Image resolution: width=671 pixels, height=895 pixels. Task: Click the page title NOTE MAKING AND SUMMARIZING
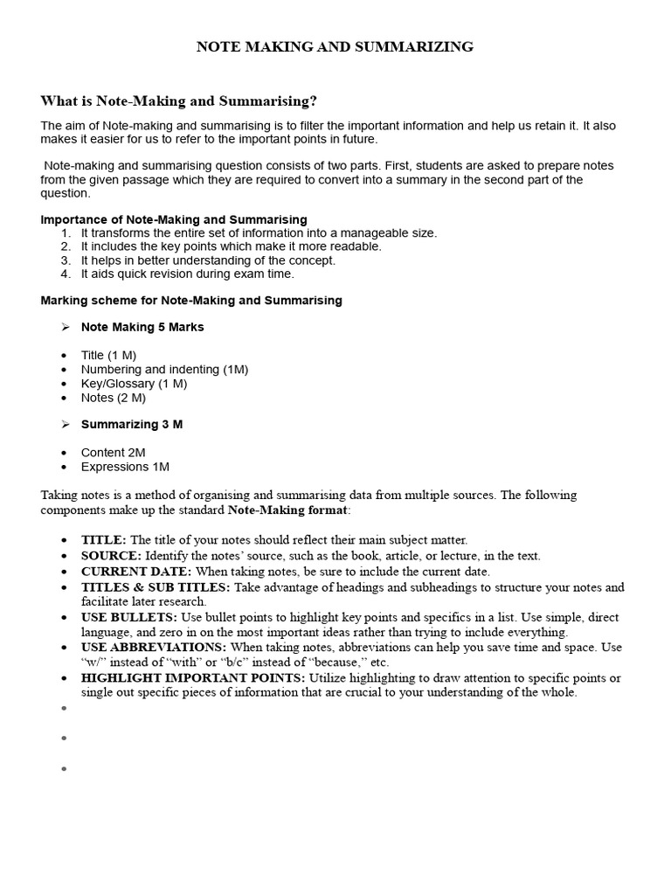coord(335,47)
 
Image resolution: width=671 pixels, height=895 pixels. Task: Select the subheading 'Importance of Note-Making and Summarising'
coord(174,219)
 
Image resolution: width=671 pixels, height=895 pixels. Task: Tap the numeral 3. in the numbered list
coord(66,260)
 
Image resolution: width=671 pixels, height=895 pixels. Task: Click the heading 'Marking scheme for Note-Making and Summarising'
coord(191,301)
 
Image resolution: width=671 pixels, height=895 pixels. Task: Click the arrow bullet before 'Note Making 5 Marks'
coord(66,328)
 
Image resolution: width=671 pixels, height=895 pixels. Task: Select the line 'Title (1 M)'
coord(108,356)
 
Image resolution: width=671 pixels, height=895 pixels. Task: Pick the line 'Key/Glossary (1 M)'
coord(134,384)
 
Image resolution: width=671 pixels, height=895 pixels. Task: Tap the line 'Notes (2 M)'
coord(114,398)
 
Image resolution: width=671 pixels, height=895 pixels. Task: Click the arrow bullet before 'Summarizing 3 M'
coord(66,425)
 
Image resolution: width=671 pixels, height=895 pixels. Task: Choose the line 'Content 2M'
coord(114,453)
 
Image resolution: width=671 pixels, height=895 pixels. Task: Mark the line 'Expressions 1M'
coord(125,467)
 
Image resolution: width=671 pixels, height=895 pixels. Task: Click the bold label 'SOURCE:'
coord(111,556)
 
